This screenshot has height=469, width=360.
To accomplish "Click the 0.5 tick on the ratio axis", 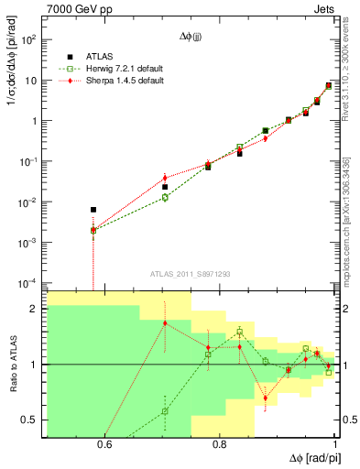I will pyautogui.click(x=31, y=420).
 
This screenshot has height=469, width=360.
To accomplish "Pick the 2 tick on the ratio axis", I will pyautogui.click(x=36, y=309).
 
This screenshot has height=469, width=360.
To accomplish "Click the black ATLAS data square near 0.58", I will pyautogui.click(x=93, y=210).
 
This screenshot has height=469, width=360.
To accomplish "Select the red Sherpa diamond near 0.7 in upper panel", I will pyautogui.click(x=165, y=178).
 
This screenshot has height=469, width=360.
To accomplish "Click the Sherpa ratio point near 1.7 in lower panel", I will pyautogui.click(x=165, y=322).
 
